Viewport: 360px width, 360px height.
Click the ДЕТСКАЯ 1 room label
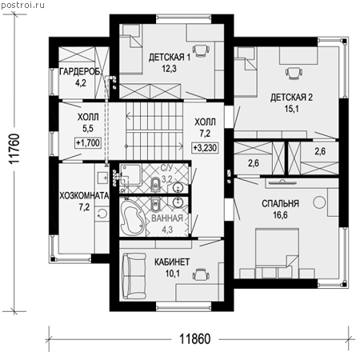coord(170,57)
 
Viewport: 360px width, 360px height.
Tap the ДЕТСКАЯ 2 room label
coord(291,98)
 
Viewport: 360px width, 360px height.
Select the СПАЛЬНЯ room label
coord(280,203)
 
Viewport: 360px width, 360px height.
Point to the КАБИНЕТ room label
coord(172,262)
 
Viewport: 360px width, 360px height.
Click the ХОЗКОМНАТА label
coord(84,195)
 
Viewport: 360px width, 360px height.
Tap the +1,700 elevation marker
coord(88,143)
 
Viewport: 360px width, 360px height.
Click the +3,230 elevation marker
coord(205,147)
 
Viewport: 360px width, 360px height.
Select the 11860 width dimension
coord(194,339)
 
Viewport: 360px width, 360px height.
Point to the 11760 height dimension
coord(14,149)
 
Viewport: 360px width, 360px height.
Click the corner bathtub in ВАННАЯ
coord(132,218)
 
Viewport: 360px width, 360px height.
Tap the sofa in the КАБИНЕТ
coord(134,276)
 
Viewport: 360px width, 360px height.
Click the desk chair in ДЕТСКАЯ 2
coord(294,73)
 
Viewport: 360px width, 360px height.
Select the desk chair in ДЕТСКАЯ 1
coord(201,50)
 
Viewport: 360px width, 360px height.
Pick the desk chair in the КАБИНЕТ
coord(201,274)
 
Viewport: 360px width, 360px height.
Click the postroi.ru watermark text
coord(23,6)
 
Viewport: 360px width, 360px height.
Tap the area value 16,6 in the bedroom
coord(280,215)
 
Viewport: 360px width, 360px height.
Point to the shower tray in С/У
coord(130,174)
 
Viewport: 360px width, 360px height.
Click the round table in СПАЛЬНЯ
coord(319,202)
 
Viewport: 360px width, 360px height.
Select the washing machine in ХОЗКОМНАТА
coord(102,214)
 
